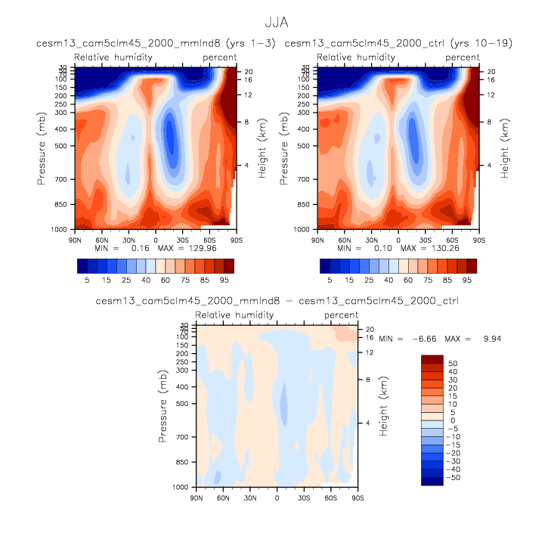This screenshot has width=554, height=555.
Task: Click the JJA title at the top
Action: (277, 23)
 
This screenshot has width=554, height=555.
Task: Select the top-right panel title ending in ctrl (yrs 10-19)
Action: (398, 44)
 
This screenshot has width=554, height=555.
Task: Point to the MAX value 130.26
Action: (436, 248)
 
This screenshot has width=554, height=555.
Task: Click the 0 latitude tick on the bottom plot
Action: (277, 497)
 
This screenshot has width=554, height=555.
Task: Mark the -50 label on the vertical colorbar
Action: (453, 478)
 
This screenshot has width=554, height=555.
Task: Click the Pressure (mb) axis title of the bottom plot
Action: (164, 407)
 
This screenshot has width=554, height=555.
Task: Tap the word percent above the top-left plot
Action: (219, 57)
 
